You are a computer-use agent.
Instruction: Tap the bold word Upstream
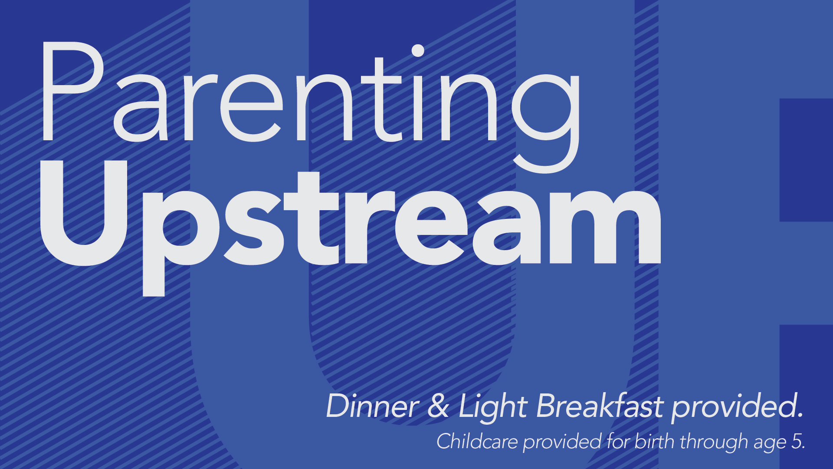click(x=351, y=228)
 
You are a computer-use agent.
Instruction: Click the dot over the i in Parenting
click(x=417, y=51)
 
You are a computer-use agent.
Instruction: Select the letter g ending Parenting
click(x=546, y=122)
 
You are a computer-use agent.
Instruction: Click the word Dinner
click(x=372, y=406)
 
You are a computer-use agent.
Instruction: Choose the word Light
click(x=493, y=408)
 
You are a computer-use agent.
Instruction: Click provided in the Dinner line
click(x=735, y=408)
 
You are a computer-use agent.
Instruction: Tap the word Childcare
click(x=477, y=441)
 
